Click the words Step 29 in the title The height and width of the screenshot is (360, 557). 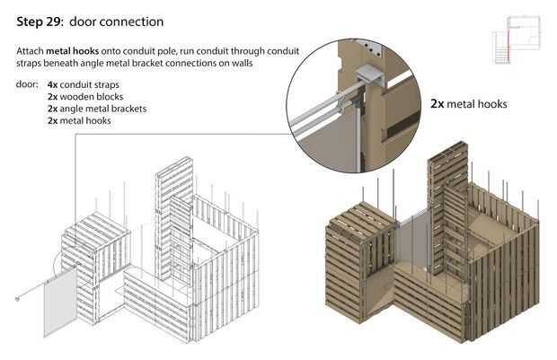(42, 20)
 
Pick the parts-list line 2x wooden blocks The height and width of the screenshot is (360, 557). (85, 97)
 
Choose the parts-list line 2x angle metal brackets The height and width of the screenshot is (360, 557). (96, 109)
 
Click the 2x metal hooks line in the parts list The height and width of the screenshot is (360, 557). (80, 120)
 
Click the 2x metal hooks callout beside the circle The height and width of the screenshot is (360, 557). (468, 104)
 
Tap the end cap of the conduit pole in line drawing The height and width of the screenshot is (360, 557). (20, 297)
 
